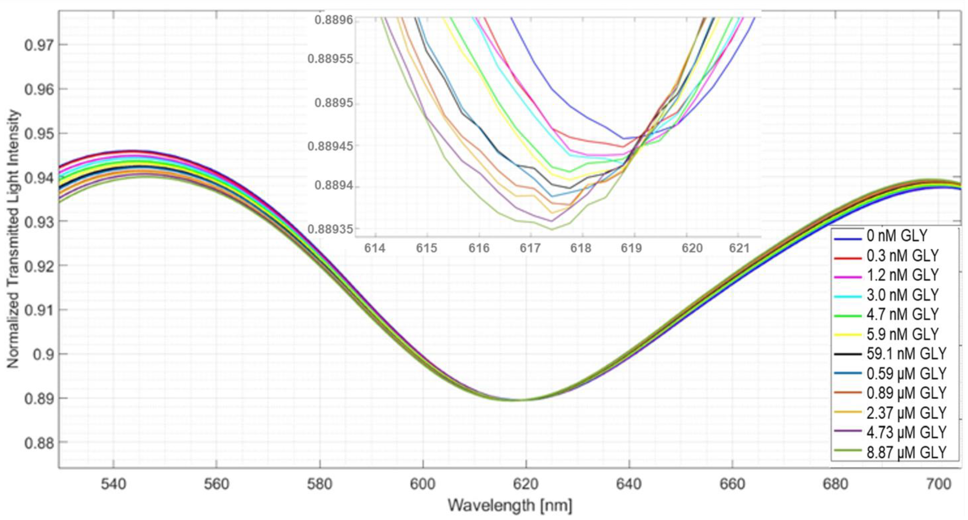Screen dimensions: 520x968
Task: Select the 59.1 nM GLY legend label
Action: [906, 354]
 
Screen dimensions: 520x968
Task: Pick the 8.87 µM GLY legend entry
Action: [906, 452]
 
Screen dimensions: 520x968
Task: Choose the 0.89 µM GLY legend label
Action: [906, 393]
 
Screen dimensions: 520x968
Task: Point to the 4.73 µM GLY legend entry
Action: [906, 432]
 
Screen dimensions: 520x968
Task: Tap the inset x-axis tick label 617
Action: [530, 248]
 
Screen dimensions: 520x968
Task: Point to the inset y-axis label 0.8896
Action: [334, 20]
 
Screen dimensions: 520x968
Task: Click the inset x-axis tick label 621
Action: [739, 248]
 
